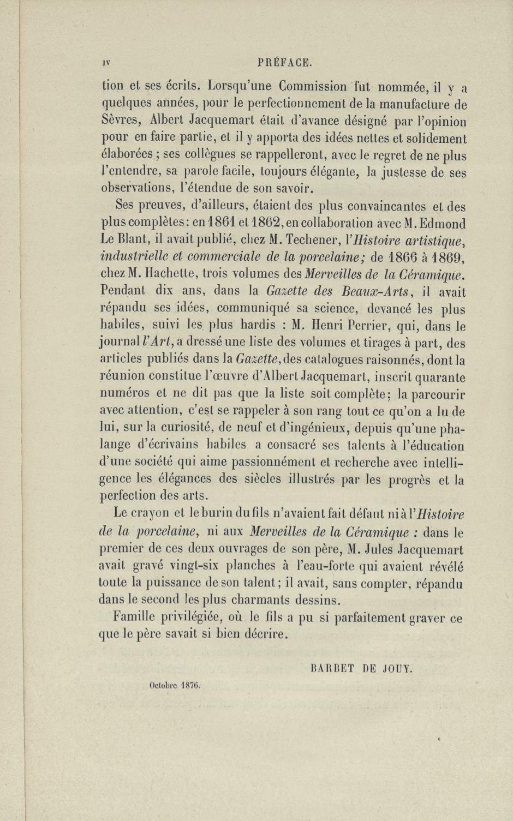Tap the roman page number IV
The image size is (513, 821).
(106, 63)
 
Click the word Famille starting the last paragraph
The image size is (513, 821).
(135, 618)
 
